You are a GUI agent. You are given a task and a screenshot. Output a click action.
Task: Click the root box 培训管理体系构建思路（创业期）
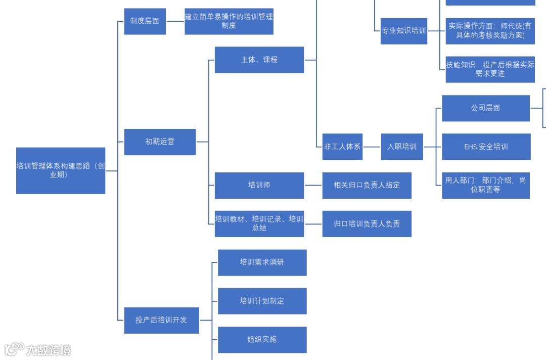tap(61, 170)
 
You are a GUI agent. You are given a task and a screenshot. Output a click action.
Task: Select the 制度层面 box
tap(145, 21)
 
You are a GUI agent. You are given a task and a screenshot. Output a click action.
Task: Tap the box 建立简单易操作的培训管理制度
tap(229, 21)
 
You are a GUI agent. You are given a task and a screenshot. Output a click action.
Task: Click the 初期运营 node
tap(160, 142)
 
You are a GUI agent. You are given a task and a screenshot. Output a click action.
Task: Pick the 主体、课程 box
tap(259, 60)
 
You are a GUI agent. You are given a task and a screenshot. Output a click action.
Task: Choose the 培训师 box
tap(259, 185)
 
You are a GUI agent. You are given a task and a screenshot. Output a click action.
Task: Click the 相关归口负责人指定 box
tap(367, 185)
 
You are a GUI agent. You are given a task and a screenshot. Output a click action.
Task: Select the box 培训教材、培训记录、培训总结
tap(259, 223)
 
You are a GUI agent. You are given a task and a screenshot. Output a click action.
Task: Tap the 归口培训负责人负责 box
tap(367, 223)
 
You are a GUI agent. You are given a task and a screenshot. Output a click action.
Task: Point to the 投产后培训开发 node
tap(161, 320)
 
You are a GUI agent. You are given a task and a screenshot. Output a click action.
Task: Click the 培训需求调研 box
tap(262, 262)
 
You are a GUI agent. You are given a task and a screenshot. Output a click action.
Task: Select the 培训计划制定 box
tap(262, 301)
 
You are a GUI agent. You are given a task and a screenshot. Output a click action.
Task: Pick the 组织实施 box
tap(262, 339)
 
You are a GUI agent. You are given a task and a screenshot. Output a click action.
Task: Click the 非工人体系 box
tap(342, 147)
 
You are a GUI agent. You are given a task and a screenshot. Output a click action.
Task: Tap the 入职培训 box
tap(402, 147)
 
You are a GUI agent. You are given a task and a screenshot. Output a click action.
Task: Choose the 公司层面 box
tap(485, 108)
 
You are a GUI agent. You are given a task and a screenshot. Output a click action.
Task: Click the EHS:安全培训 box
tap(486, 147)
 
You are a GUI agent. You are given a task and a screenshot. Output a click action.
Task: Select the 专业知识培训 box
tap(403, 31)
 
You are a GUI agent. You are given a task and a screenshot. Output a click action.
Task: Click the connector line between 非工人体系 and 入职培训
tap(372, 147)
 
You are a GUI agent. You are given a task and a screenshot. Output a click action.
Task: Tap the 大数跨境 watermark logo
tap(38, 349)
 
